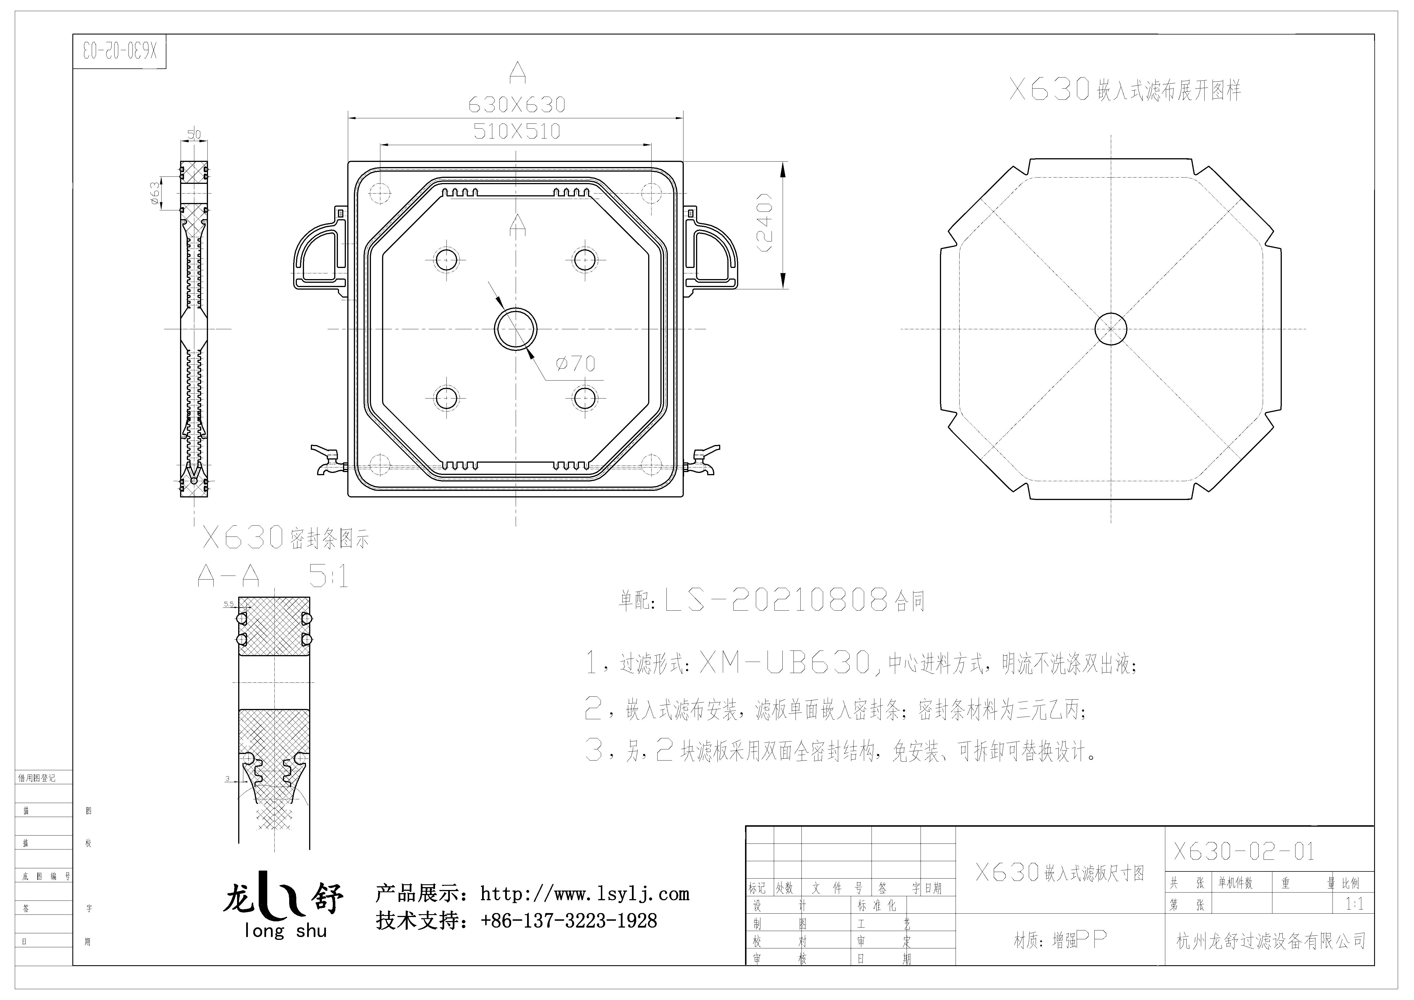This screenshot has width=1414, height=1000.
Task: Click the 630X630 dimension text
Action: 517,105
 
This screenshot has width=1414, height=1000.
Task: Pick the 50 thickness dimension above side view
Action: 194,134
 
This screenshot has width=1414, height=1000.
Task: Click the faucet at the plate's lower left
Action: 327,461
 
